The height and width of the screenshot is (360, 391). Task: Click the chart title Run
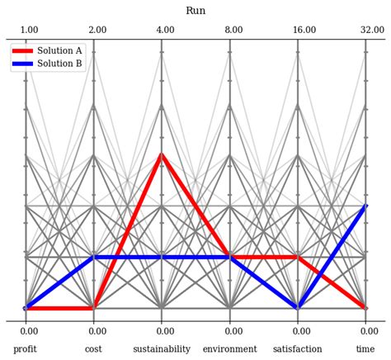click(195, 11)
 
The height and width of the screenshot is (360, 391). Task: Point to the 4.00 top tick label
click(165, 31)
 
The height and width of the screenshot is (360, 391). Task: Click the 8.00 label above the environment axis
click(233, 31)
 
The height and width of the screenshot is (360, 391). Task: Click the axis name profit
click(25, 349)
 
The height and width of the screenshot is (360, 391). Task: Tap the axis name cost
click(93, 349)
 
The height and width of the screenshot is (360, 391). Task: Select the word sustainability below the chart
click(162, 349)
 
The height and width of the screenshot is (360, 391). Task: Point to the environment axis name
click(230, 349)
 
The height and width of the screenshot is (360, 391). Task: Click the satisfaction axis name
click(298, 349)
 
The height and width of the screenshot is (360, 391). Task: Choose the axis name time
click(365, 349)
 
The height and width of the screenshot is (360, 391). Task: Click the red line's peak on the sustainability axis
click(162, 154)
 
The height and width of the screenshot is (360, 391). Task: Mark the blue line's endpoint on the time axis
click(365, 206)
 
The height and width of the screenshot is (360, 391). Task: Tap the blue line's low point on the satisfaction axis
click(298, 308)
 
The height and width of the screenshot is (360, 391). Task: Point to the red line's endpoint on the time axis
click(365, 308)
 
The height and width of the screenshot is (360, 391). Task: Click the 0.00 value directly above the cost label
click(93, 331)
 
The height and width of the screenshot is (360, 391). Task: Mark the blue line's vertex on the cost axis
click(93, 257)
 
